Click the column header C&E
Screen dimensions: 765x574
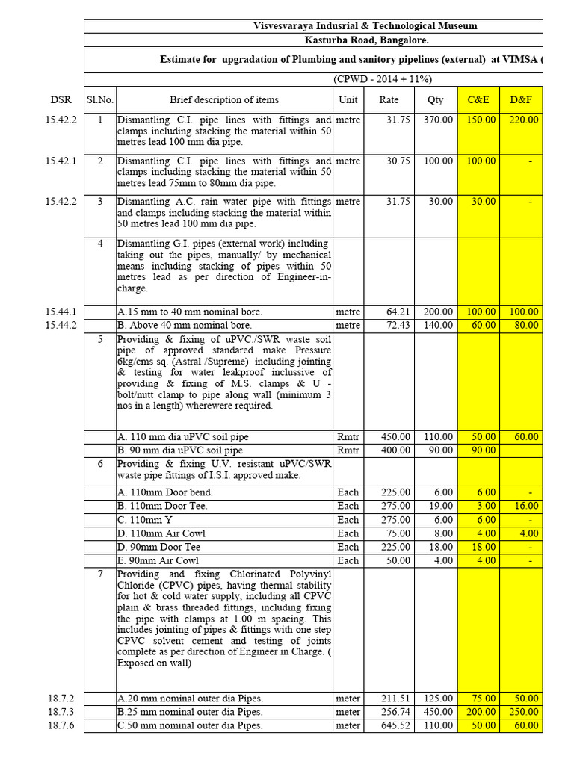(x=478, y=99)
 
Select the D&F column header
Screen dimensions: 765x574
(x=521, y=99)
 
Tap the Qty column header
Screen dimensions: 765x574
(x=435, y=99)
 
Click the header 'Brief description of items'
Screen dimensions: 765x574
(x=224, y=99)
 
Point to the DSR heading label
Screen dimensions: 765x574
(x=61, y=99)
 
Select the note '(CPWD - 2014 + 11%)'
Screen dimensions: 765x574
(x=383, y=79)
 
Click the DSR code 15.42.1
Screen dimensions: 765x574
(x=61, y=161)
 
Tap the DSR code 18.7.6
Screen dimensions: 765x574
(x=61, y=725)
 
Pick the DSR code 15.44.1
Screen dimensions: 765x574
(x=61, y=312)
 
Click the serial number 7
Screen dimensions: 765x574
(x=100, y=574)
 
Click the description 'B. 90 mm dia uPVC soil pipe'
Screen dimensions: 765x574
(x=180, y=450)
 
